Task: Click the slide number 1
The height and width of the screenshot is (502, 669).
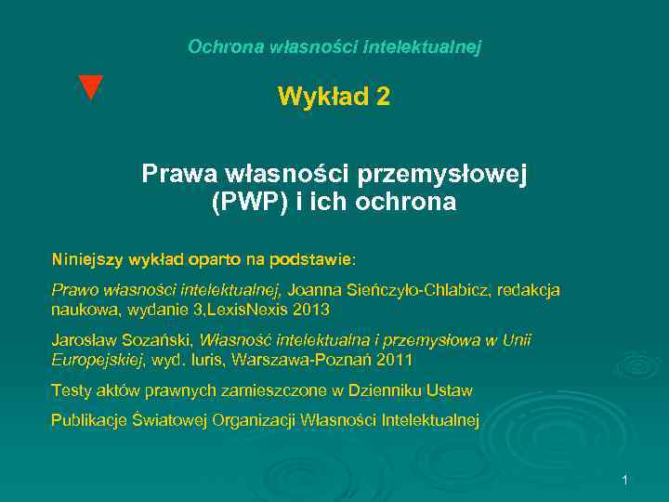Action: pos(625,480)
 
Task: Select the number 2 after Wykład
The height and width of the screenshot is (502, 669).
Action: pos(383,97)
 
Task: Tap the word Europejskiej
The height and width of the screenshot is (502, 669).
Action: pos(98,359)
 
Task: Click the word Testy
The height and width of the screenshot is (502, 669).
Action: pos(71,390)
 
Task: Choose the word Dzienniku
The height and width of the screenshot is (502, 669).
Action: pos(383,390)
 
